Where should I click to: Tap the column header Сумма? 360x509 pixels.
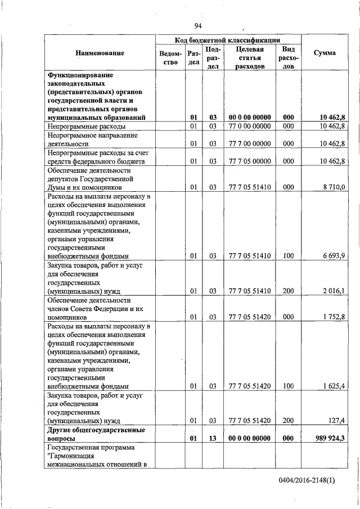click(x=325, y=53)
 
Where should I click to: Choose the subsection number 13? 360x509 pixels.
click(x=213, y=438)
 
